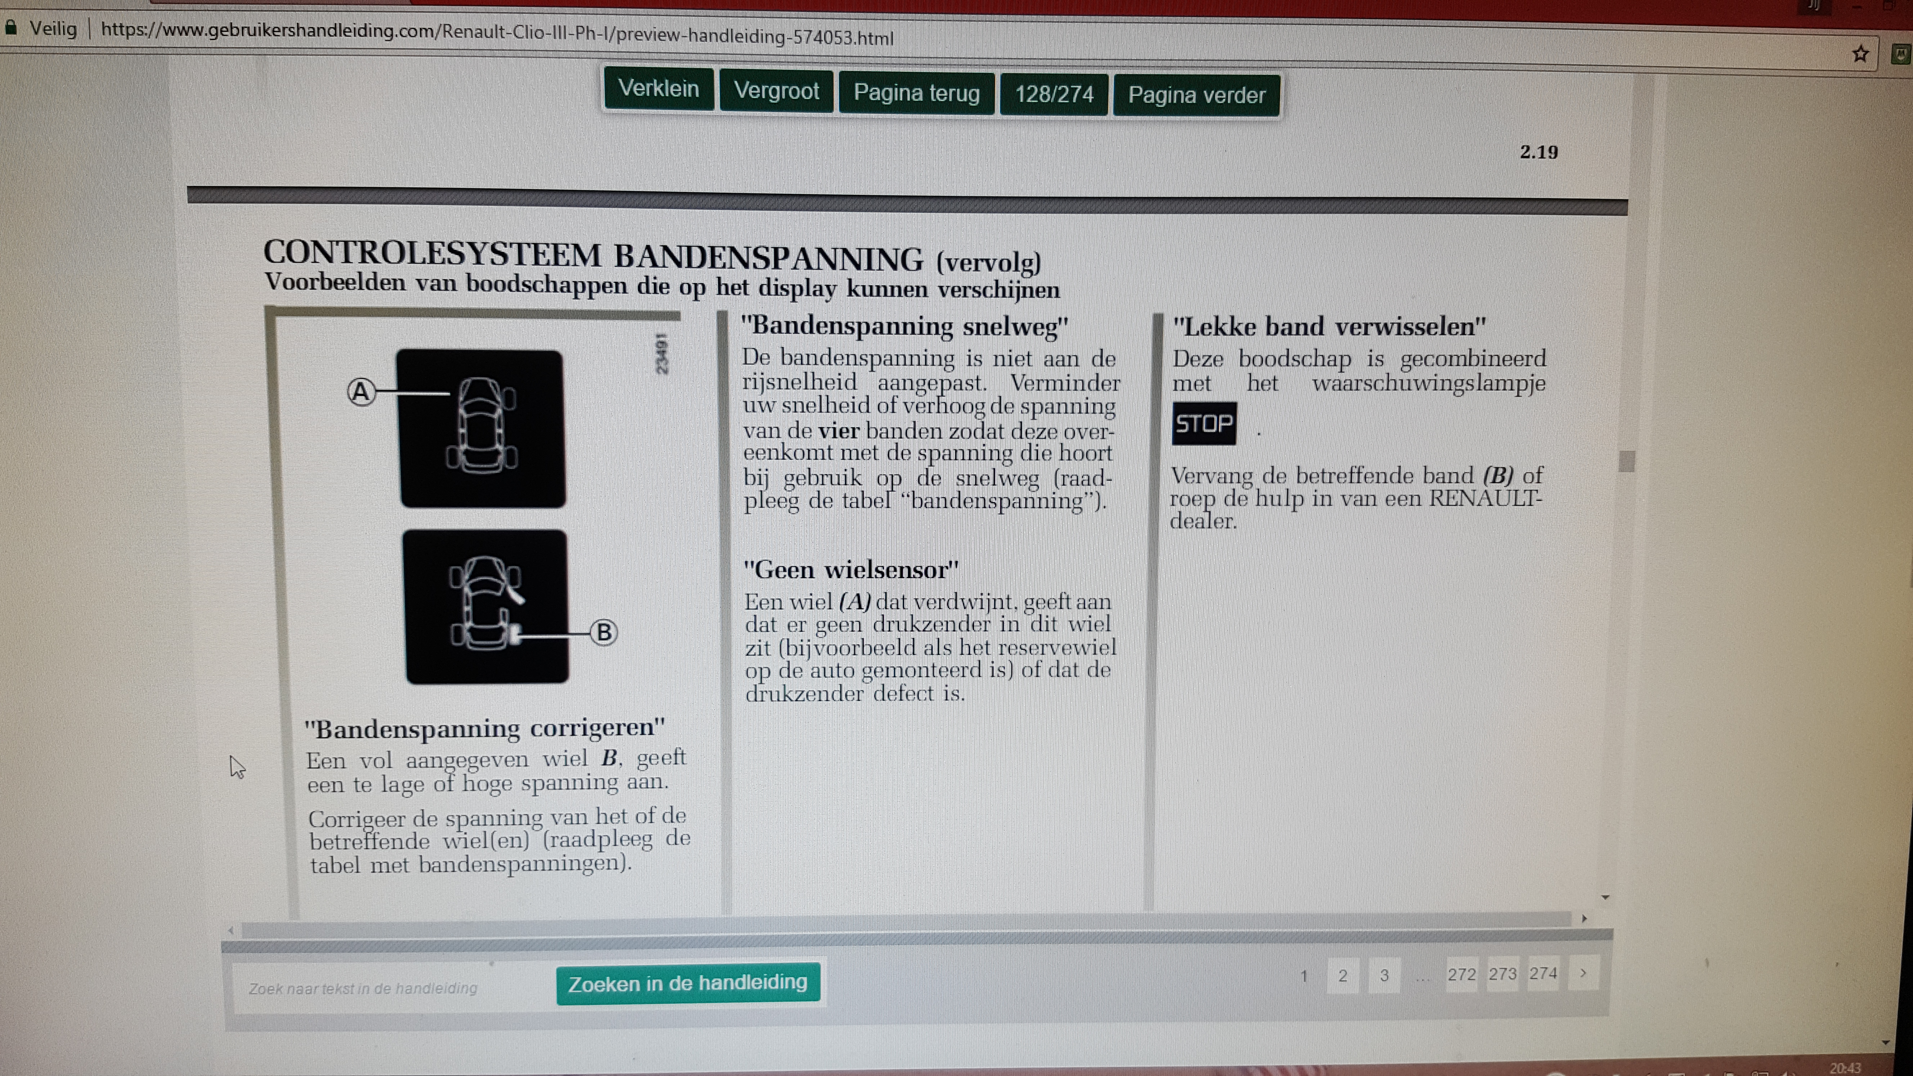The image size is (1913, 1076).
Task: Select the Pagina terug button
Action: click(917, 93)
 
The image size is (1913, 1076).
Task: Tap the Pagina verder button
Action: click(1196, 95)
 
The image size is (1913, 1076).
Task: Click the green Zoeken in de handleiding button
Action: click(688, 983)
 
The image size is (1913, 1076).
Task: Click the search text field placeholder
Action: click(363, 988)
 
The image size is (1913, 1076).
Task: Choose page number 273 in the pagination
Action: click(1502, 973)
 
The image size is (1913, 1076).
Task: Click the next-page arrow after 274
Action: click(1583, 973)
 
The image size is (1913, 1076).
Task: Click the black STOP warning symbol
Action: click(1204, 423)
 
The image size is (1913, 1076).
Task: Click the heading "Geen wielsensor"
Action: click(851, 570)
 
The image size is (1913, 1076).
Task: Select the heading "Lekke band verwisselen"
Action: click(1329, 327)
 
